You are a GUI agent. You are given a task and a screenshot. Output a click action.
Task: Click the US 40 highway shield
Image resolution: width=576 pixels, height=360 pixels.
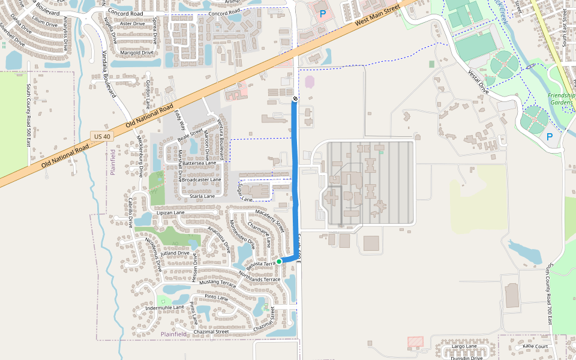click(x=102, y=137)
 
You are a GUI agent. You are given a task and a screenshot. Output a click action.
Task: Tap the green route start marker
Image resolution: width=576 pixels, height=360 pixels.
click(x=279, y=262)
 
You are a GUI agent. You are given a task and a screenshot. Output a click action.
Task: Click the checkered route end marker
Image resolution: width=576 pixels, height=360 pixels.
click(x=295, y=98)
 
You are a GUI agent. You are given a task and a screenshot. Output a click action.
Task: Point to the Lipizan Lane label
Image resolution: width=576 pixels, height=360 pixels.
click(x=170, y=212)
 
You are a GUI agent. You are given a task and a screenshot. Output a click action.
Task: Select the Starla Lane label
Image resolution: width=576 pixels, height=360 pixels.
click(x=202, y=196)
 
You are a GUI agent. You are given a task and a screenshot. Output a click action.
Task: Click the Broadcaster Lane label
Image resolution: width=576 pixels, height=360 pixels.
click(x=202, y=179)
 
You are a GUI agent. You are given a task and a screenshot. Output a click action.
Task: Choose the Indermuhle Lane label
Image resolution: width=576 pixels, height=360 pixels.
click(x=164, y=307)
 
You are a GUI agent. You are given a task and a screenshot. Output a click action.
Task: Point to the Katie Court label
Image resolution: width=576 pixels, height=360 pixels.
click(x=535, y=346)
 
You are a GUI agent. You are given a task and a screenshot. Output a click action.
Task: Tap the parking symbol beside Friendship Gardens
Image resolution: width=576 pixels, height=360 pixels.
click(x=549, y=137)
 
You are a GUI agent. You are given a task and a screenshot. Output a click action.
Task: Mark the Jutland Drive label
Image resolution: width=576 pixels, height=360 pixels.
click(x=175, y=253)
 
